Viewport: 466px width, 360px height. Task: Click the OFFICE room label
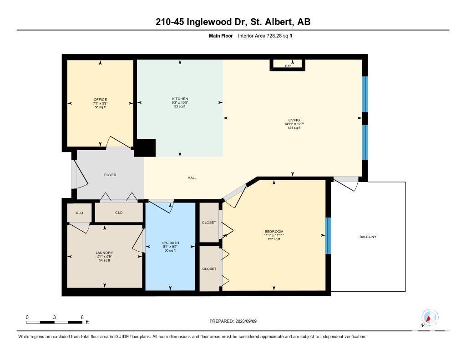click(100, 100)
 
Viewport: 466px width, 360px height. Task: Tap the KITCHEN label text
click(180, 99)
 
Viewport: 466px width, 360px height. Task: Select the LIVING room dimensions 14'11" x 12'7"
click(294, 124)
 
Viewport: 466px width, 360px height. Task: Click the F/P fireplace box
click(288, 65)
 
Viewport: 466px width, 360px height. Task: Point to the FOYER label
click(110, 175)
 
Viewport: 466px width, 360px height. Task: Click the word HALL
click(192, 178)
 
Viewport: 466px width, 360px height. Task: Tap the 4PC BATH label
click(170, 243)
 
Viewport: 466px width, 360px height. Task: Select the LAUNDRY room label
click(104, 253)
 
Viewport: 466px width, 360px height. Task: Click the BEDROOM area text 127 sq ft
click(274, 239)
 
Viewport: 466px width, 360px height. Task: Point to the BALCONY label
click(368, 237)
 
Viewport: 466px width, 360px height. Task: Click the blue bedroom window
click(328, 236)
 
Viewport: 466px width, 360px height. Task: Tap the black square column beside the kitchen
click(145, 148)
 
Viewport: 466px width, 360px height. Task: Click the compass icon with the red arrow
click(430, 318)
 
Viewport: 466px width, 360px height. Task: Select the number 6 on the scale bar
click(82, 317)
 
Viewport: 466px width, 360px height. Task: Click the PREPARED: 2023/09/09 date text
click(233, 321)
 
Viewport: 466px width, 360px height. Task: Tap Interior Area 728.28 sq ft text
click(265, 35)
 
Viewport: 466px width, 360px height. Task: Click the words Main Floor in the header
click(221, 35)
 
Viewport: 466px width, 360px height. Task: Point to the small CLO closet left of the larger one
click(79, 213)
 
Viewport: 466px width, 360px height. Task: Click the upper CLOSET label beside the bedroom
click(209, 223)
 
